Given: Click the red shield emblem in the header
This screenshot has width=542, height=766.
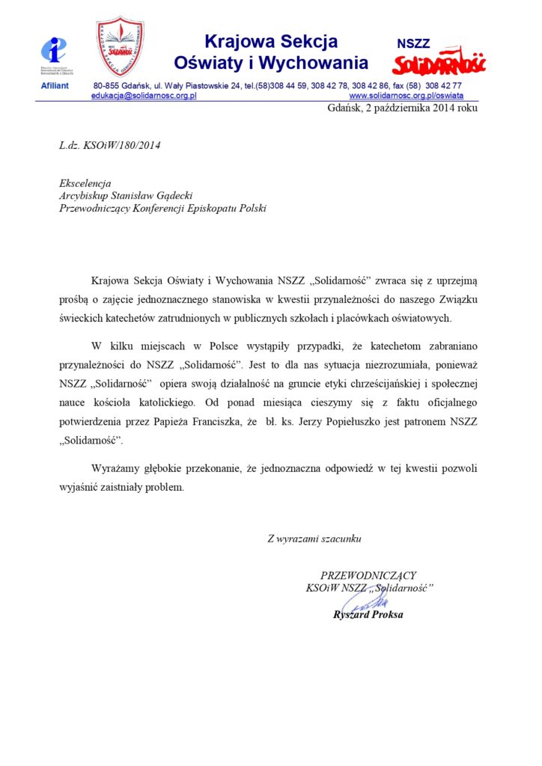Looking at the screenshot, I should point(121,47).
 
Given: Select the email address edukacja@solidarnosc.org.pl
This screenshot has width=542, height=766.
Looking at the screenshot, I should point(144,96).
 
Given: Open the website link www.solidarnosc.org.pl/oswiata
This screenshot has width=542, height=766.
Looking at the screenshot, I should point(406,96).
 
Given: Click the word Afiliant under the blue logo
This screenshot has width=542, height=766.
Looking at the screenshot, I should point(54,86).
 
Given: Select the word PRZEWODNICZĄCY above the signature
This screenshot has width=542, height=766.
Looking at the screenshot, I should point(368,575).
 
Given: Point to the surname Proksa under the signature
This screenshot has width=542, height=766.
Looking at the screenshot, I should point(386,615).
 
